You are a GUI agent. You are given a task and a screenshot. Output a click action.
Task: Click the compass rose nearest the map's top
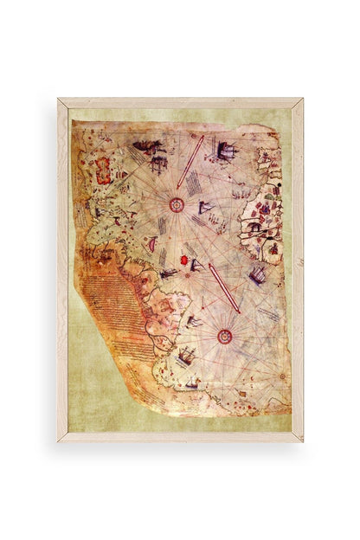pos(177,204)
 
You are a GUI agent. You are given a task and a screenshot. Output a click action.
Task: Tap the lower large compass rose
pos(224,336)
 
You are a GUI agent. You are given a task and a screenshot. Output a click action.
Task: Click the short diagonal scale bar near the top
pos(190,162)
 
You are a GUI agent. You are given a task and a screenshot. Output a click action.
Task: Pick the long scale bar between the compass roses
pos(224,287)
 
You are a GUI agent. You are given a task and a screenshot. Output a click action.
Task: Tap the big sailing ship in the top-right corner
pos(226,153)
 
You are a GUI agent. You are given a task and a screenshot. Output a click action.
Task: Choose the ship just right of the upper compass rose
pos(206,208)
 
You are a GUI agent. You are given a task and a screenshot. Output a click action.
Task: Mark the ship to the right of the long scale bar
pos(256,276)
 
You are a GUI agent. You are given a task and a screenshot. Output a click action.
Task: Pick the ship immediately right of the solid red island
pos(197,265)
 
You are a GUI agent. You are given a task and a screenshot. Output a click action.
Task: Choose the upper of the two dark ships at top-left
pos(149,147)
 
